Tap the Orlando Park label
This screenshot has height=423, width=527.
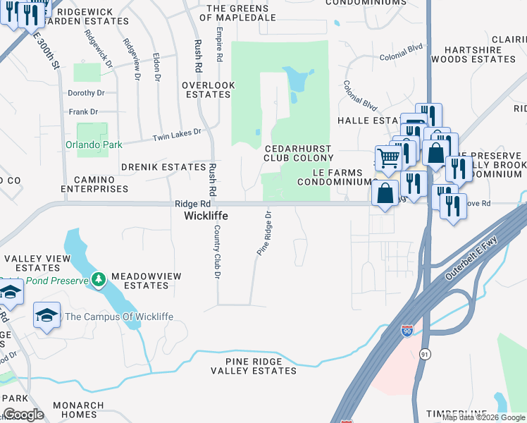(94, 145)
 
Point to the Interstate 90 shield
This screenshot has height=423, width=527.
(407, 331)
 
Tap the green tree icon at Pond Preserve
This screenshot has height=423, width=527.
(99, 281)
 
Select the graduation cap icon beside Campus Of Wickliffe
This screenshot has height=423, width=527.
(46, 315)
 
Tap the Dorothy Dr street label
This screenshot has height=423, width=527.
(86, 93)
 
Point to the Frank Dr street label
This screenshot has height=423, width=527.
(83, 112)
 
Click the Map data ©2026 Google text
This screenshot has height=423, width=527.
(483, 417)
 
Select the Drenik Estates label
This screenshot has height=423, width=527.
(163, 167)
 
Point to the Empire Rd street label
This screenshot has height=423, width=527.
(220, 44)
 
